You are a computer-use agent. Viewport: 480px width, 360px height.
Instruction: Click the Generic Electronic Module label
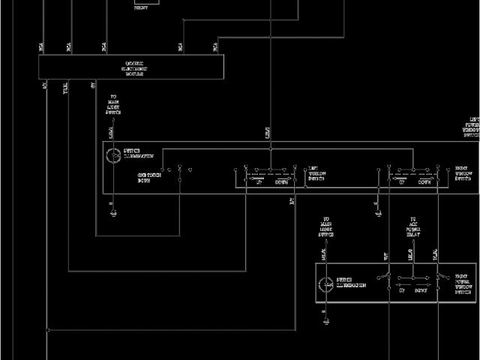134,67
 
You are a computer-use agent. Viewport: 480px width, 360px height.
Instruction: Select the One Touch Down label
148,178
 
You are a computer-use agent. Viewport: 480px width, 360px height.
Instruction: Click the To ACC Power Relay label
412,227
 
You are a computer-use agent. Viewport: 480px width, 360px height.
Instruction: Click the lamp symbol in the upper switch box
113,156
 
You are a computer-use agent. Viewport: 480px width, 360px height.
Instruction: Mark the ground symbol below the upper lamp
113,214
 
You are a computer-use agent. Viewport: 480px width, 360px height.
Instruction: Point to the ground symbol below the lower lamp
327,321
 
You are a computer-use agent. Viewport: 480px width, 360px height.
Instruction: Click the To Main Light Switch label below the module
114,105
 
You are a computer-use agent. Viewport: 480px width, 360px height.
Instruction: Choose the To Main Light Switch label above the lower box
326,227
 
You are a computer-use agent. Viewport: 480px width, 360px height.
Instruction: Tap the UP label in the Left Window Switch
259,181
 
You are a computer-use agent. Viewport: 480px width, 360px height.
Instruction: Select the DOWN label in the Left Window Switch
281,181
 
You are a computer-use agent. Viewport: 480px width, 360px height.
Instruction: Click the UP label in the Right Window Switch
402,181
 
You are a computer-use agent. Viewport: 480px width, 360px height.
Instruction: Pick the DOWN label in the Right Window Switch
424,181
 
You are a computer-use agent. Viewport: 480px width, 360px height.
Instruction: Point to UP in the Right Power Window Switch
402,289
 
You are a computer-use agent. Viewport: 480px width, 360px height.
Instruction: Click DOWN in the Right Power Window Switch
421,289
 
